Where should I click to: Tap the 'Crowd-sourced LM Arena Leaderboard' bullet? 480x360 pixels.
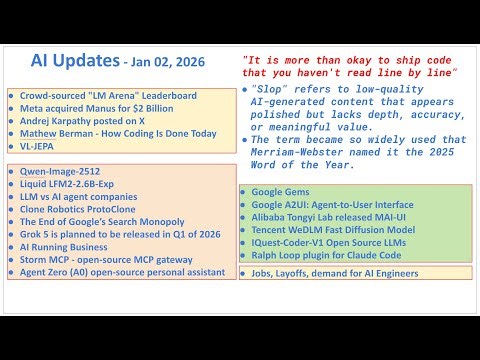[105, 96]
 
